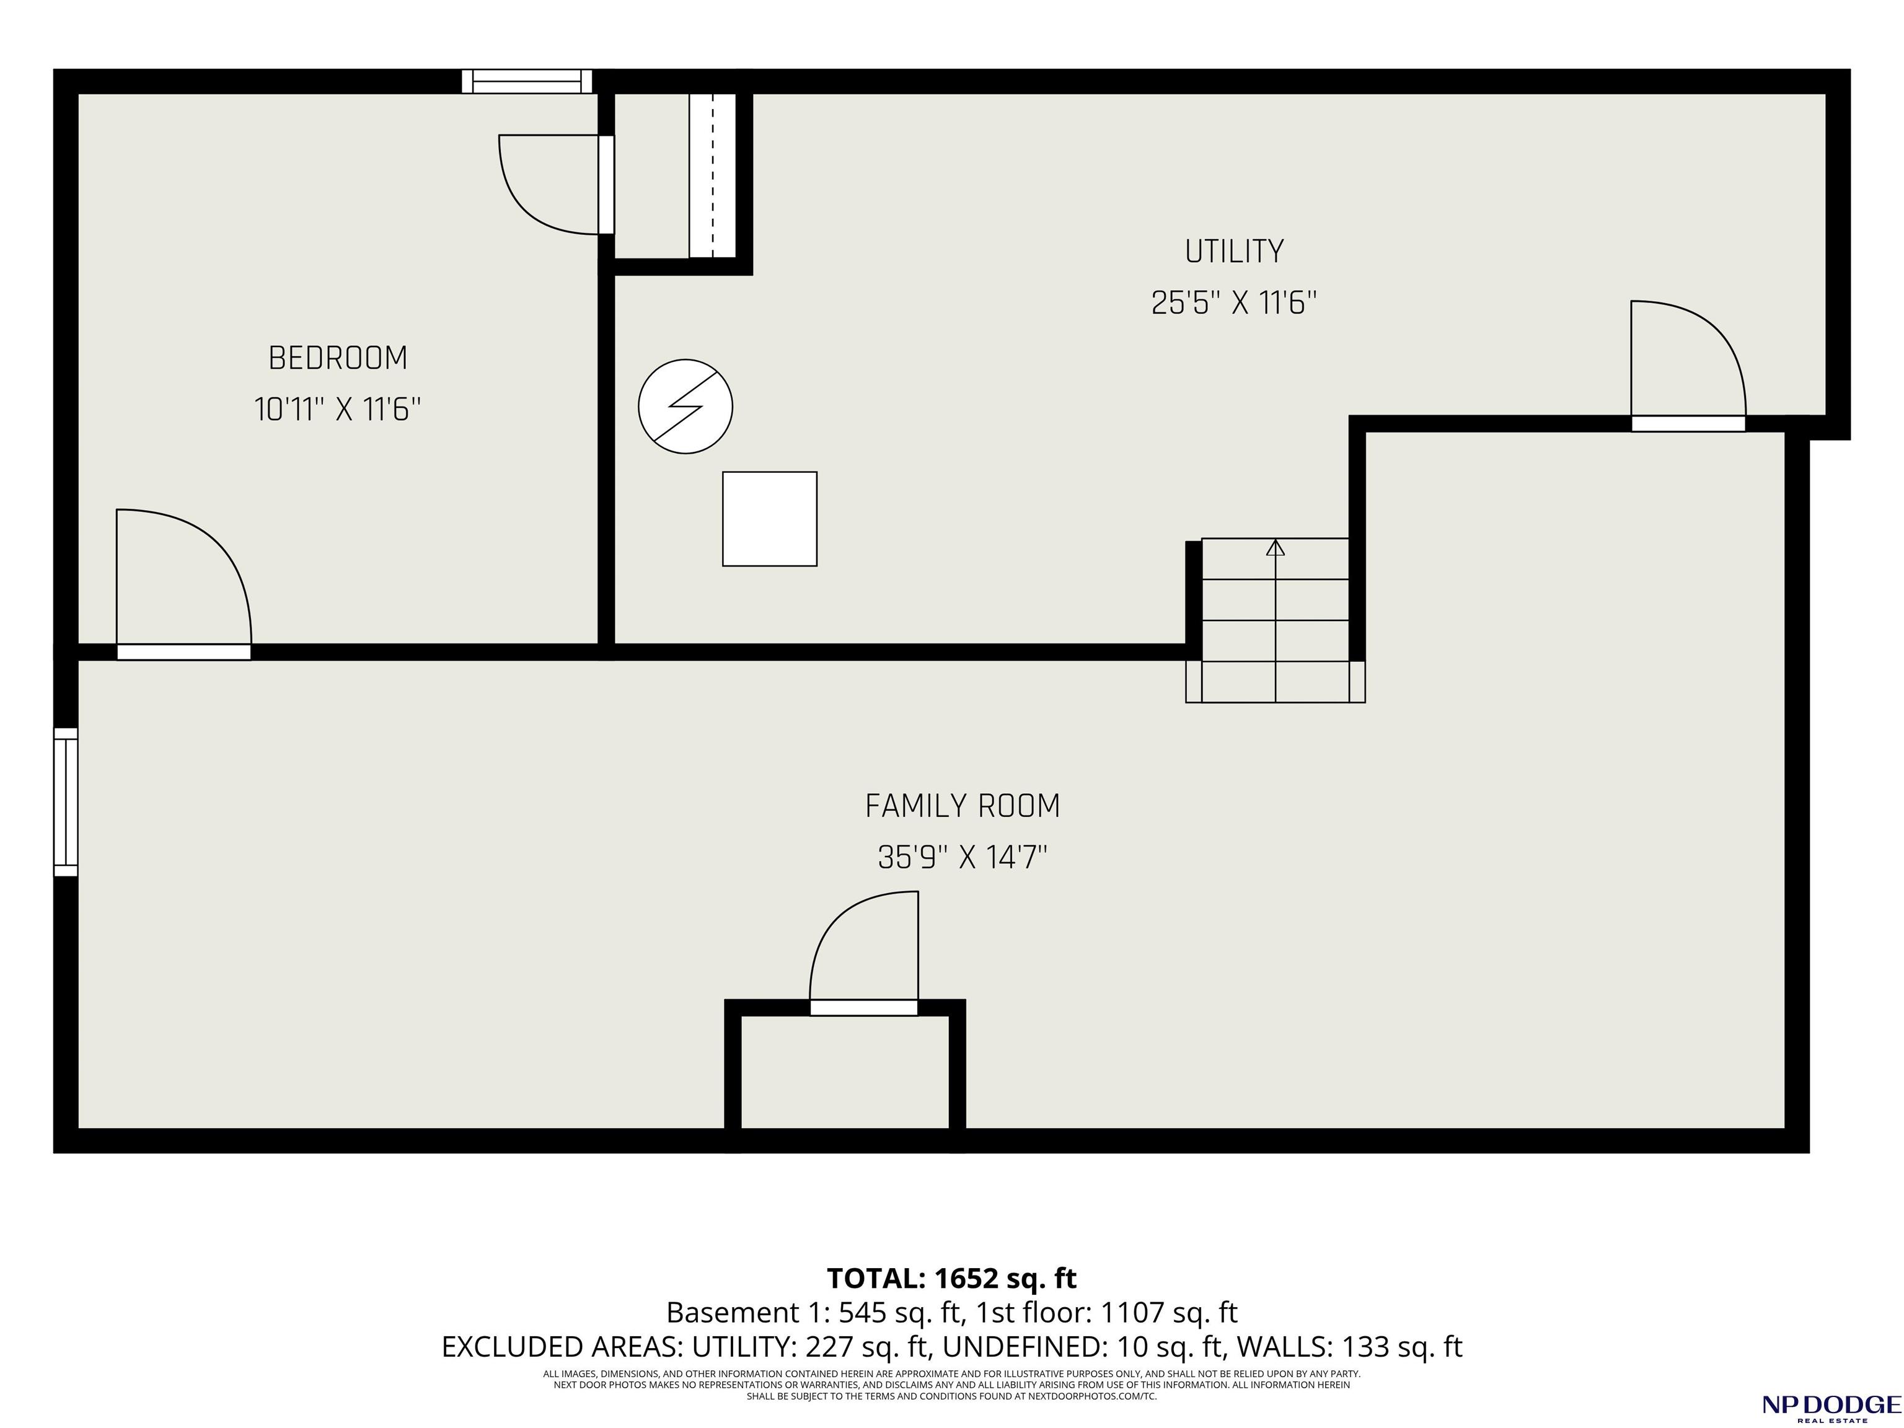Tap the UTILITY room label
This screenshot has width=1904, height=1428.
click(x=1235, y=252)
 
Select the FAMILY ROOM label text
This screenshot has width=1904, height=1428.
click(x=963, y=806)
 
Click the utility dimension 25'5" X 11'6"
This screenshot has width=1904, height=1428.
click(x=1235, y=303)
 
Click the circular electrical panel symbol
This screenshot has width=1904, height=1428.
click(x=685, y=407)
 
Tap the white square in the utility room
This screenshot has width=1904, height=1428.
click(x=770, y=519)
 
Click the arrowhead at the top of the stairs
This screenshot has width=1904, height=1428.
click(x=1276, y=547)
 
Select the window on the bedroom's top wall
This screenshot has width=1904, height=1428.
click(x=527, y=81)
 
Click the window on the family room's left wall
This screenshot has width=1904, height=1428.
click(x=66, y=802)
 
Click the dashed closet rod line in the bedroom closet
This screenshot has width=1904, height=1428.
click(x=713, y=175)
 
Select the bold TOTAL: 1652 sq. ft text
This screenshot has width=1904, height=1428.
click(x=951, y=1278)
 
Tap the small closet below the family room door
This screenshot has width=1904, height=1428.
click(x=845, y=1072)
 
